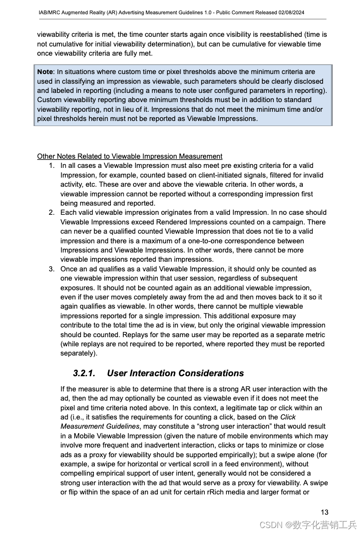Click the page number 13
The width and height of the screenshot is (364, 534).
coord(324,512)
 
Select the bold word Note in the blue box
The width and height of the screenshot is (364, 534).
coord(45,72)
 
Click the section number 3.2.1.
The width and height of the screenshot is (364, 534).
coord(84,373)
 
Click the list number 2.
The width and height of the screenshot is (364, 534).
coord(52,212)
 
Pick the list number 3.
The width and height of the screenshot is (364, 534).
coord(52,269)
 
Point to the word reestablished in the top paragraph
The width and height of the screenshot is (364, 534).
coord(280,34)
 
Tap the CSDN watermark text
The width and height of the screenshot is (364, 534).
coord(271,525)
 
